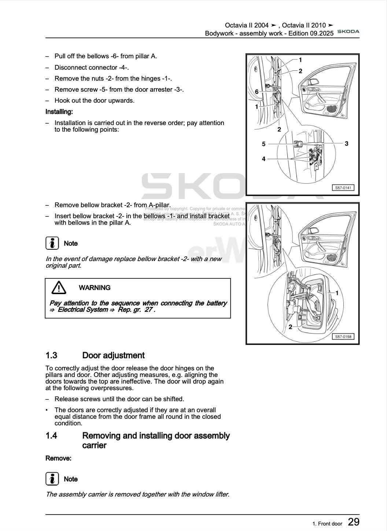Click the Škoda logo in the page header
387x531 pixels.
coord(348,32)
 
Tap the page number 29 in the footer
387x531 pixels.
coord(353,522)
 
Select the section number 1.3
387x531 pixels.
coord(51,355)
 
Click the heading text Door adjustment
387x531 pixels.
coord(113,355)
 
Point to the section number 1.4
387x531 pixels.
coord(51,436)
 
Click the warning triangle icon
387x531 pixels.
coord(59,288)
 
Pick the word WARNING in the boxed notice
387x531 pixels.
coord(95,288)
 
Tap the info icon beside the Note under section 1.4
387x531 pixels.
coord(52,479)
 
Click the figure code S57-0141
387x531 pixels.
coord(343,188)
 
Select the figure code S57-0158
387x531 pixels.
coord(343,337)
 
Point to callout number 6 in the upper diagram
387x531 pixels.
coord(257,92)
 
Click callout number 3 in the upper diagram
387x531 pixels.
coord(346,143)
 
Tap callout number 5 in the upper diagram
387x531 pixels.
coord(263,144)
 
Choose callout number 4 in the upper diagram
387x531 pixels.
coord(263,159)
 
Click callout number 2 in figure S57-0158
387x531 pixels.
coord(290,327)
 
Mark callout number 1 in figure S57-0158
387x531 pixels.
coord(337,293)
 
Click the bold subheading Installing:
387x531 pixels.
coord(59,111)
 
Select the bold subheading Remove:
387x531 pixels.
coord(58,458)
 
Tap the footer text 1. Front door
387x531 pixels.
coord(327,524)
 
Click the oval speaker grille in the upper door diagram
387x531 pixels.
coord(332,109)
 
